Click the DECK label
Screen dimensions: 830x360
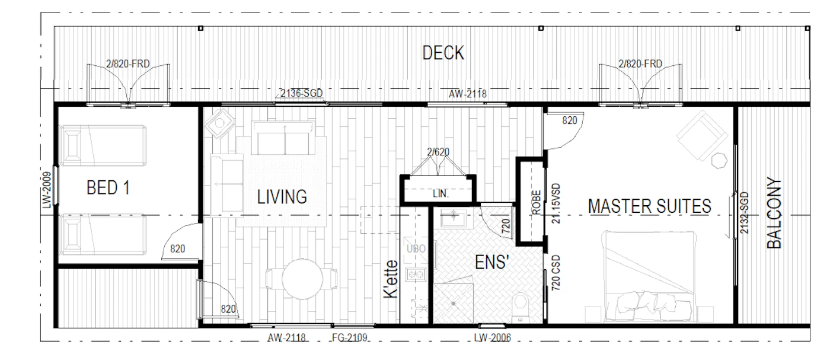[443, 53]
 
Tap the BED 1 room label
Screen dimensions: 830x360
[108, 187]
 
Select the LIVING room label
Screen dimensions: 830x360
[282, 197]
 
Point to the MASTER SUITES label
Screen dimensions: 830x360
[650, 206]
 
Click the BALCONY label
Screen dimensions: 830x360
[774, 213]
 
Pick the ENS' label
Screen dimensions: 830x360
[492, 263]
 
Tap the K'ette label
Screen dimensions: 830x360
[391, 279]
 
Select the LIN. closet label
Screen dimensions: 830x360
[440, 193]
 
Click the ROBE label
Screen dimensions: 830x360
[537, 202]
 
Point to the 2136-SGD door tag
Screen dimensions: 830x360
[301, 93]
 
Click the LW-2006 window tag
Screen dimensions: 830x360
[493, 337]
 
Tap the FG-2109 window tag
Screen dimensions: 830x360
[349, 337]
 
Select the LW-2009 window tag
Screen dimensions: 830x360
[46, 190]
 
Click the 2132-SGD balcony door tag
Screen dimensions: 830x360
[744, 213]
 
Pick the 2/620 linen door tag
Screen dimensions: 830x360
[438, 152]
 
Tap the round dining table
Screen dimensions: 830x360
[302, 279]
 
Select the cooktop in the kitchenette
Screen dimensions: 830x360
[416, 275]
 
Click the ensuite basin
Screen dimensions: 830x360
[454, 218]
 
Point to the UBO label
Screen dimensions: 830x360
[416, 249]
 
